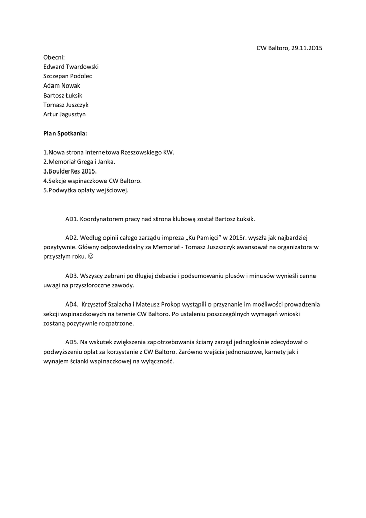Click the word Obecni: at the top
click(54, 57)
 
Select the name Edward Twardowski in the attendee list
click(71, 67)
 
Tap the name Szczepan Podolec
click(68, 76)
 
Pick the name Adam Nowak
click(59, 86)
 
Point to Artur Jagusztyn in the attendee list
click(65, 114)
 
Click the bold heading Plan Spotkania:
click(65, 134)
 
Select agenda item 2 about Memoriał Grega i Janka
click(79, 162)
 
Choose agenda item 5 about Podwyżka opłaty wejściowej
click(86, 190)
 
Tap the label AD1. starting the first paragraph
click(72, 219)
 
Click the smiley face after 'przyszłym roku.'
click(91, 256)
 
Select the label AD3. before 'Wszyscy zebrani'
click(72, 276)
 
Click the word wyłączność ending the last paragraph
click(157, 361)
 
